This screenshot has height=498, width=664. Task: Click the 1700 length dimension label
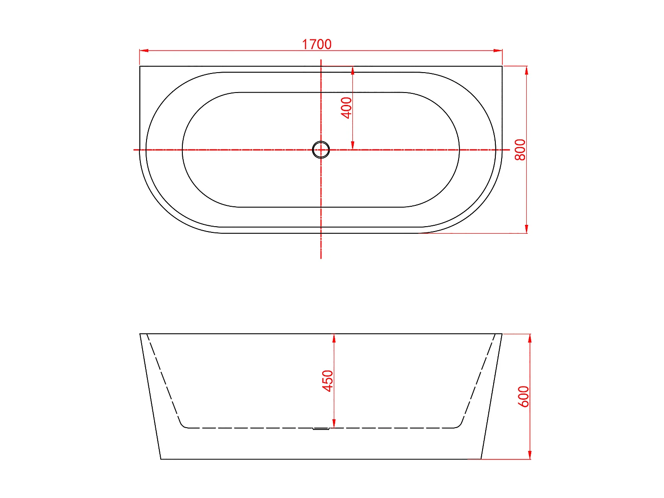point(317,44)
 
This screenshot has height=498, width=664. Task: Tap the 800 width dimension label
point(520,150)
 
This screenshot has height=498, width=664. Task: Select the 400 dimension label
point(346,108)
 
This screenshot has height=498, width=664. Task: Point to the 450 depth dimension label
point(328,381)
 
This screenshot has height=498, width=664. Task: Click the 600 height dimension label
point(524,396)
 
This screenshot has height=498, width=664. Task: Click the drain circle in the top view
point(320,150)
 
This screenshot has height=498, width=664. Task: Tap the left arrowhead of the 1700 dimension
point(144,50)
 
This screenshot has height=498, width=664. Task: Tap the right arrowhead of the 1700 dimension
point(498,50)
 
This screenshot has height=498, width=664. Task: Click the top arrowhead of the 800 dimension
point(527,70)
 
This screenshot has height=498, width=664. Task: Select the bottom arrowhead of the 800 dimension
point(527,229)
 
